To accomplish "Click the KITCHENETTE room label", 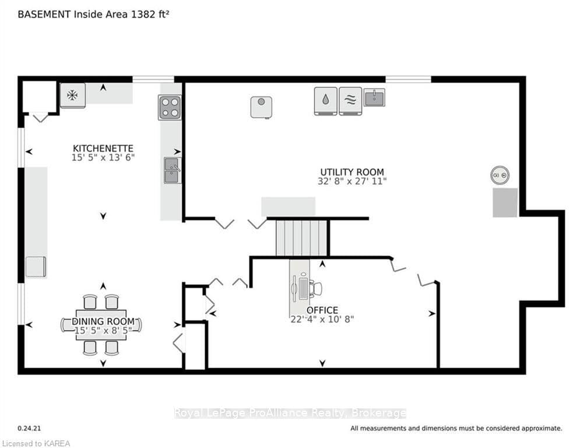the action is [x=103, y=149].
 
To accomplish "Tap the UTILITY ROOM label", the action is [x=352, y=172].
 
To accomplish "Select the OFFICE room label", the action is [x=322, y=310].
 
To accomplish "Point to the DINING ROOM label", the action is [x=103, y=321].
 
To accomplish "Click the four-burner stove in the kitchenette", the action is [x=170, y=107].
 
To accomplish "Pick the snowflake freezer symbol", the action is [x=72, y=96].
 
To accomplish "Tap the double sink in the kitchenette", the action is [x=173, y=170].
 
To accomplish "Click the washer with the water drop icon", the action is [x=325, y=101].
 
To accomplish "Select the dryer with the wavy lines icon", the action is [x=350, y=101].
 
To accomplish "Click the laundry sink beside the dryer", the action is [x=374, y=97].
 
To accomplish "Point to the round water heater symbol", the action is [x=500, y=175].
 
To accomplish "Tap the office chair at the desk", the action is [x=315, y=288].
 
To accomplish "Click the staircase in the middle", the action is [x=301, y=238].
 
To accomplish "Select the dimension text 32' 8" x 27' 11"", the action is [x=352, y=181].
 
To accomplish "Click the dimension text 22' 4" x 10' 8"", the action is [x=322, y=319].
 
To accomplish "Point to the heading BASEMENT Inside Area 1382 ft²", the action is [x=94, y=15].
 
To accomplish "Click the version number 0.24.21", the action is [x=29, y=428].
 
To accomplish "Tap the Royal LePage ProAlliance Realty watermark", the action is [x=290, y=413].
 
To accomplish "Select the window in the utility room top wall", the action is [x=409, y=79].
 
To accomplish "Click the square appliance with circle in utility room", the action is [x=261, y=107].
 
